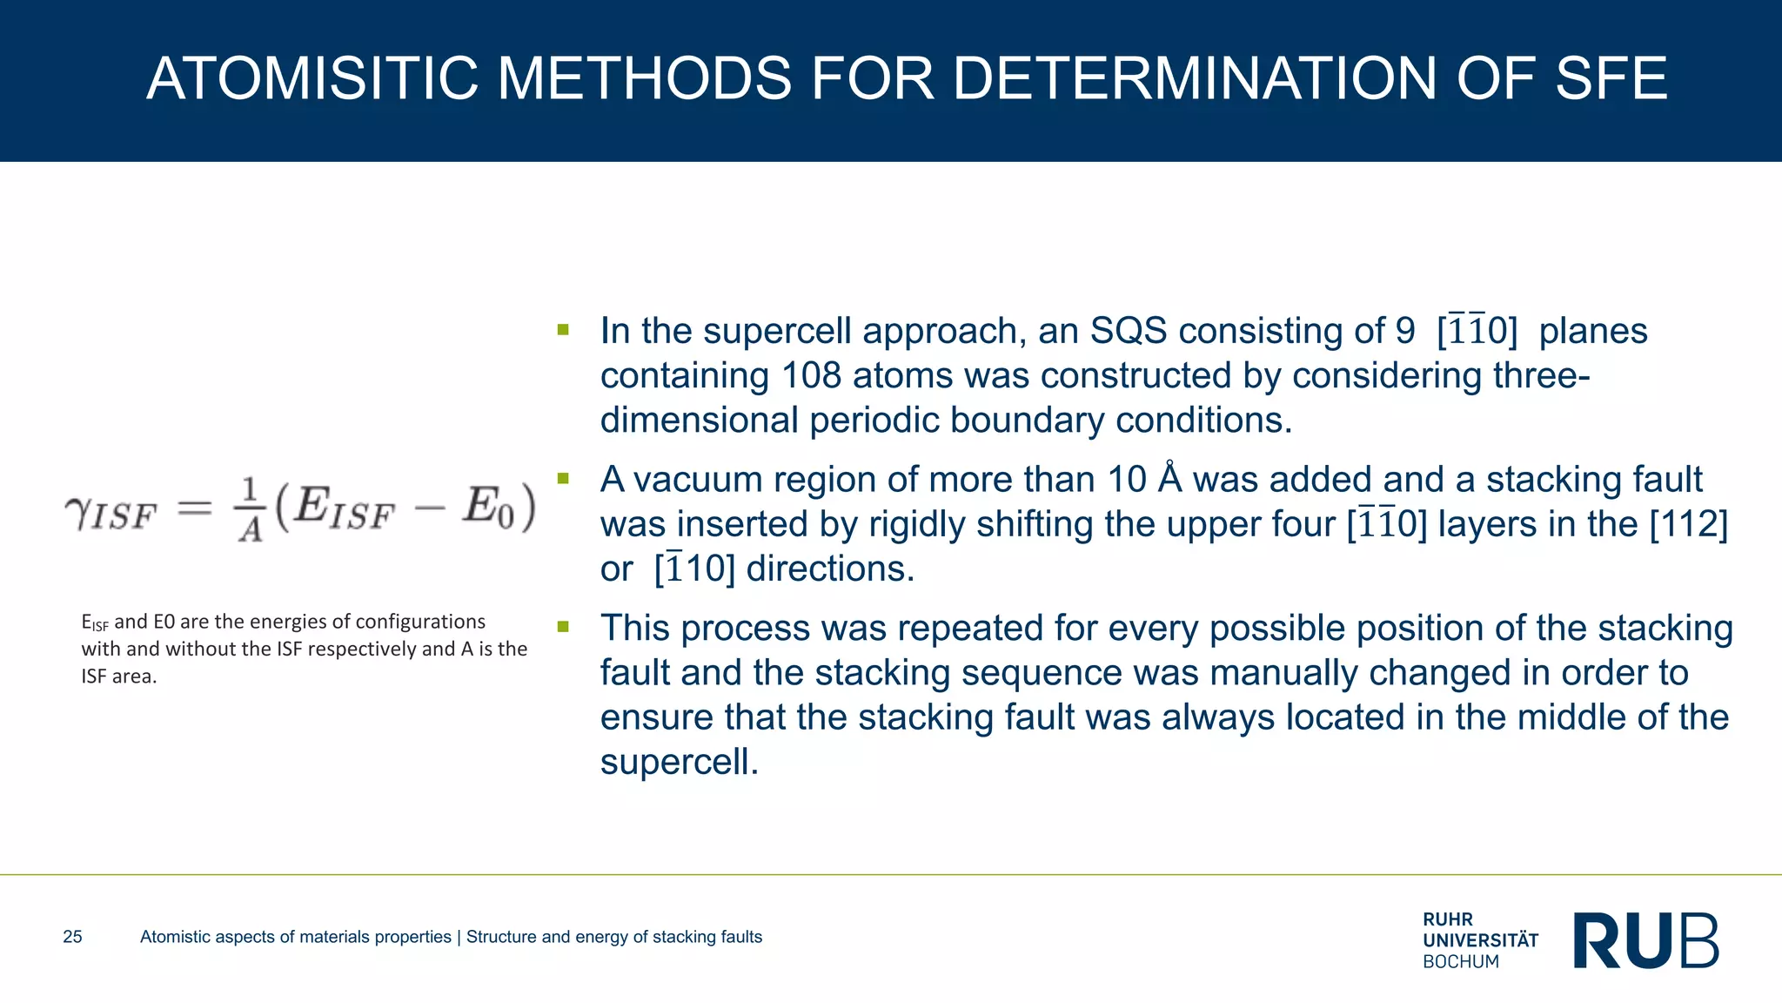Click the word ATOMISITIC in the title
tap(312, 78)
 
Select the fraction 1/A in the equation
tap(251, 509)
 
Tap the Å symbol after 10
tap(1170, 479)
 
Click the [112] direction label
tap(1688, 524)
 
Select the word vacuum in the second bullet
tap(696, 480)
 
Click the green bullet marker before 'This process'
tap(563, 626)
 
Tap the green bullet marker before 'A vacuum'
tap(563, 478)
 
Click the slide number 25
tap(72, 937)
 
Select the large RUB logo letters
tap(1646, 940)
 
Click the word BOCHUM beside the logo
tap(1461, 962)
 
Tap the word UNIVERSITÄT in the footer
tap(1480, 940)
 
